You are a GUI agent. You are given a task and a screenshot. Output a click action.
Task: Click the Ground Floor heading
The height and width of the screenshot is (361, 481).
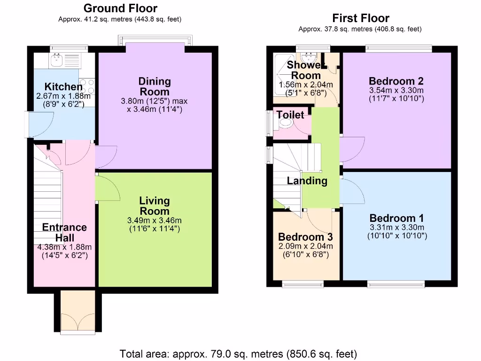pos(120,8)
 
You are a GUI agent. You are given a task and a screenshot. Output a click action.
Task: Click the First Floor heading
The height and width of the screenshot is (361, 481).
pos(360,18)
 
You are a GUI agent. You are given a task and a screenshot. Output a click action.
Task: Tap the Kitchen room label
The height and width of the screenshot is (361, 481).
pos(63,86)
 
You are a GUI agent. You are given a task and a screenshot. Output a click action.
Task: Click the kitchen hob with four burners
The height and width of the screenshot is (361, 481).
pos(87,86)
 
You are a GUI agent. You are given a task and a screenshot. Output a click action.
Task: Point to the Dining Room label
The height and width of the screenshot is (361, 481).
pos(155,86)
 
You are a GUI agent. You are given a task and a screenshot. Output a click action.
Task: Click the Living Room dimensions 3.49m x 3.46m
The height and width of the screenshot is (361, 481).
pos(155,220)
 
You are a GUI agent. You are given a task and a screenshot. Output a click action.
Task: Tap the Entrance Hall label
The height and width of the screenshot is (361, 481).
pos(64,232)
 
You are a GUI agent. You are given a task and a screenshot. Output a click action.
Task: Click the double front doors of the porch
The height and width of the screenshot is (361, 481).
pos(75,320)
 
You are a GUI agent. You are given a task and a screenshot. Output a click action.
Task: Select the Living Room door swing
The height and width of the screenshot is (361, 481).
pos(107,187)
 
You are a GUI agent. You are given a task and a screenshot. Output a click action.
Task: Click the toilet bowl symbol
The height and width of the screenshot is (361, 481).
pos(286,123)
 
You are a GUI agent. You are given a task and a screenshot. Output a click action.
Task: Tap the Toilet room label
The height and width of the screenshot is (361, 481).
pos(290,115)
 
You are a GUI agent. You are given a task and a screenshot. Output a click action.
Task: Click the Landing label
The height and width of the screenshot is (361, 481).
pos(307,180)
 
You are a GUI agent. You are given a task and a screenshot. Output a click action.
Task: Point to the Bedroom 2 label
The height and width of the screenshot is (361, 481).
pos(397,80)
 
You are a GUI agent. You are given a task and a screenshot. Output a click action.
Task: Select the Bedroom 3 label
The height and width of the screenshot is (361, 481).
pos(302,237)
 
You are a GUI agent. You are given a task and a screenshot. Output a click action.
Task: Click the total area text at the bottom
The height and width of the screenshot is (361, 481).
pos(239,353)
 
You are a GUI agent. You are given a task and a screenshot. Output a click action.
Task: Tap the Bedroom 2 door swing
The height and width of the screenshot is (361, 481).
pos(352,149)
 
